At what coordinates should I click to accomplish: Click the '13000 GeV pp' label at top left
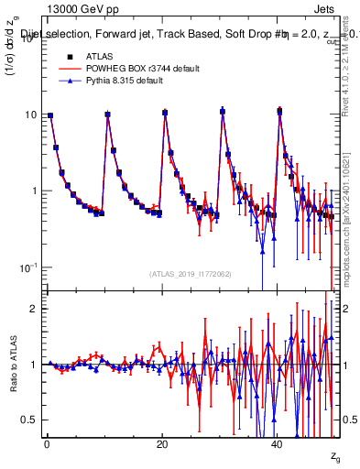click(x=80, y=8)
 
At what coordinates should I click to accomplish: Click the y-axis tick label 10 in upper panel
click(x=30, y=115)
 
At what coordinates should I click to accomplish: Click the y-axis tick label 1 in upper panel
click(x=34, y=191)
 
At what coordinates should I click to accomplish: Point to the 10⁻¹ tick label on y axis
click(x=28, y=267)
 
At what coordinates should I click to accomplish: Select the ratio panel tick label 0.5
click(x=29, y=420)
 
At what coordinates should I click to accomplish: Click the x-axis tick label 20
click(x=162, y=445)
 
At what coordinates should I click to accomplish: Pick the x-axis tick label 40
click(x=278, y=445)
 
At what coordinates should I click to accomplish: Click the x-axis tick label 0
click(x=47, y=445)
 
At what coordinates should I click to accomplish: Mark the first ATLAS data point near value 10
click(x=49, y=115)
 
